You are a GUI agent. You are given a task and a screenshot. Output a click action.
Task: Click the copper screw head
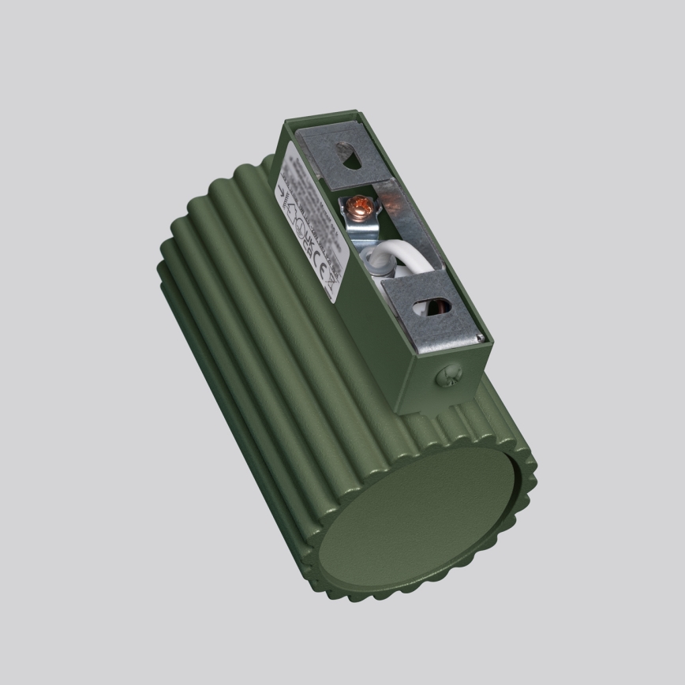tap(356, 208)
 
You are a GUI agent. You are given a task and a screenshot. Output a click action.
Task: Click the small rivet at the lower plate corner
tap(477, 337)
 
